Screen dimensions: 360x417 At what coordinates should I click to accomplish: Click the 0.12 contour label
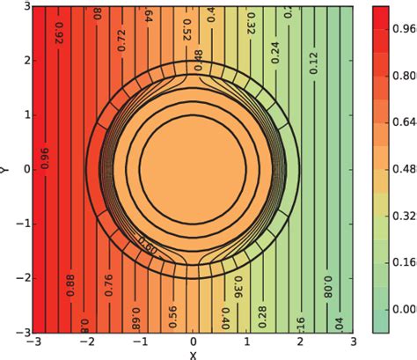click(x=312, y=62)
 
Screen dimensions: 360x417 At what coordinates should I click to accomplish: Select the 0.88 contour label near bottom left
click(x=69, y=284)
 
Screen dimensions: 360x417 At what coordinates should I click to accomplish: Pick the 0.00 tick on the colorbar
click(x=404, y=309)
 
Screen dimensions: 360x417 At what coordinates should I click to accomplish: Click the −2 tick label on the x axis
click(x=86, y=341)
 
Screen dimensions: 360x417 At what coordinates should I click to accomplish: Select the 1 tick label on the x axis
click(x=246, y=341)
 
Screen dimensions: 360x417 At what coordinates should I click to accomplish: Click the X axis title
click(x=193, y=355)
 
